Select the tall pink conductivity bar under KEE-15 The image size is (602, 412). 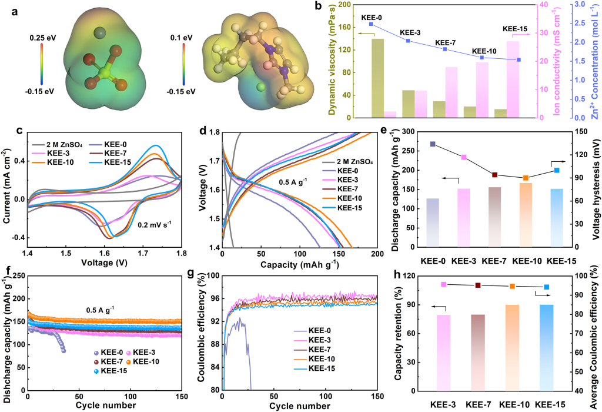(x=513, y=79)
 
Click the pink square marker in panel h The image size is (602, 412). (x=444, y=284)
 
